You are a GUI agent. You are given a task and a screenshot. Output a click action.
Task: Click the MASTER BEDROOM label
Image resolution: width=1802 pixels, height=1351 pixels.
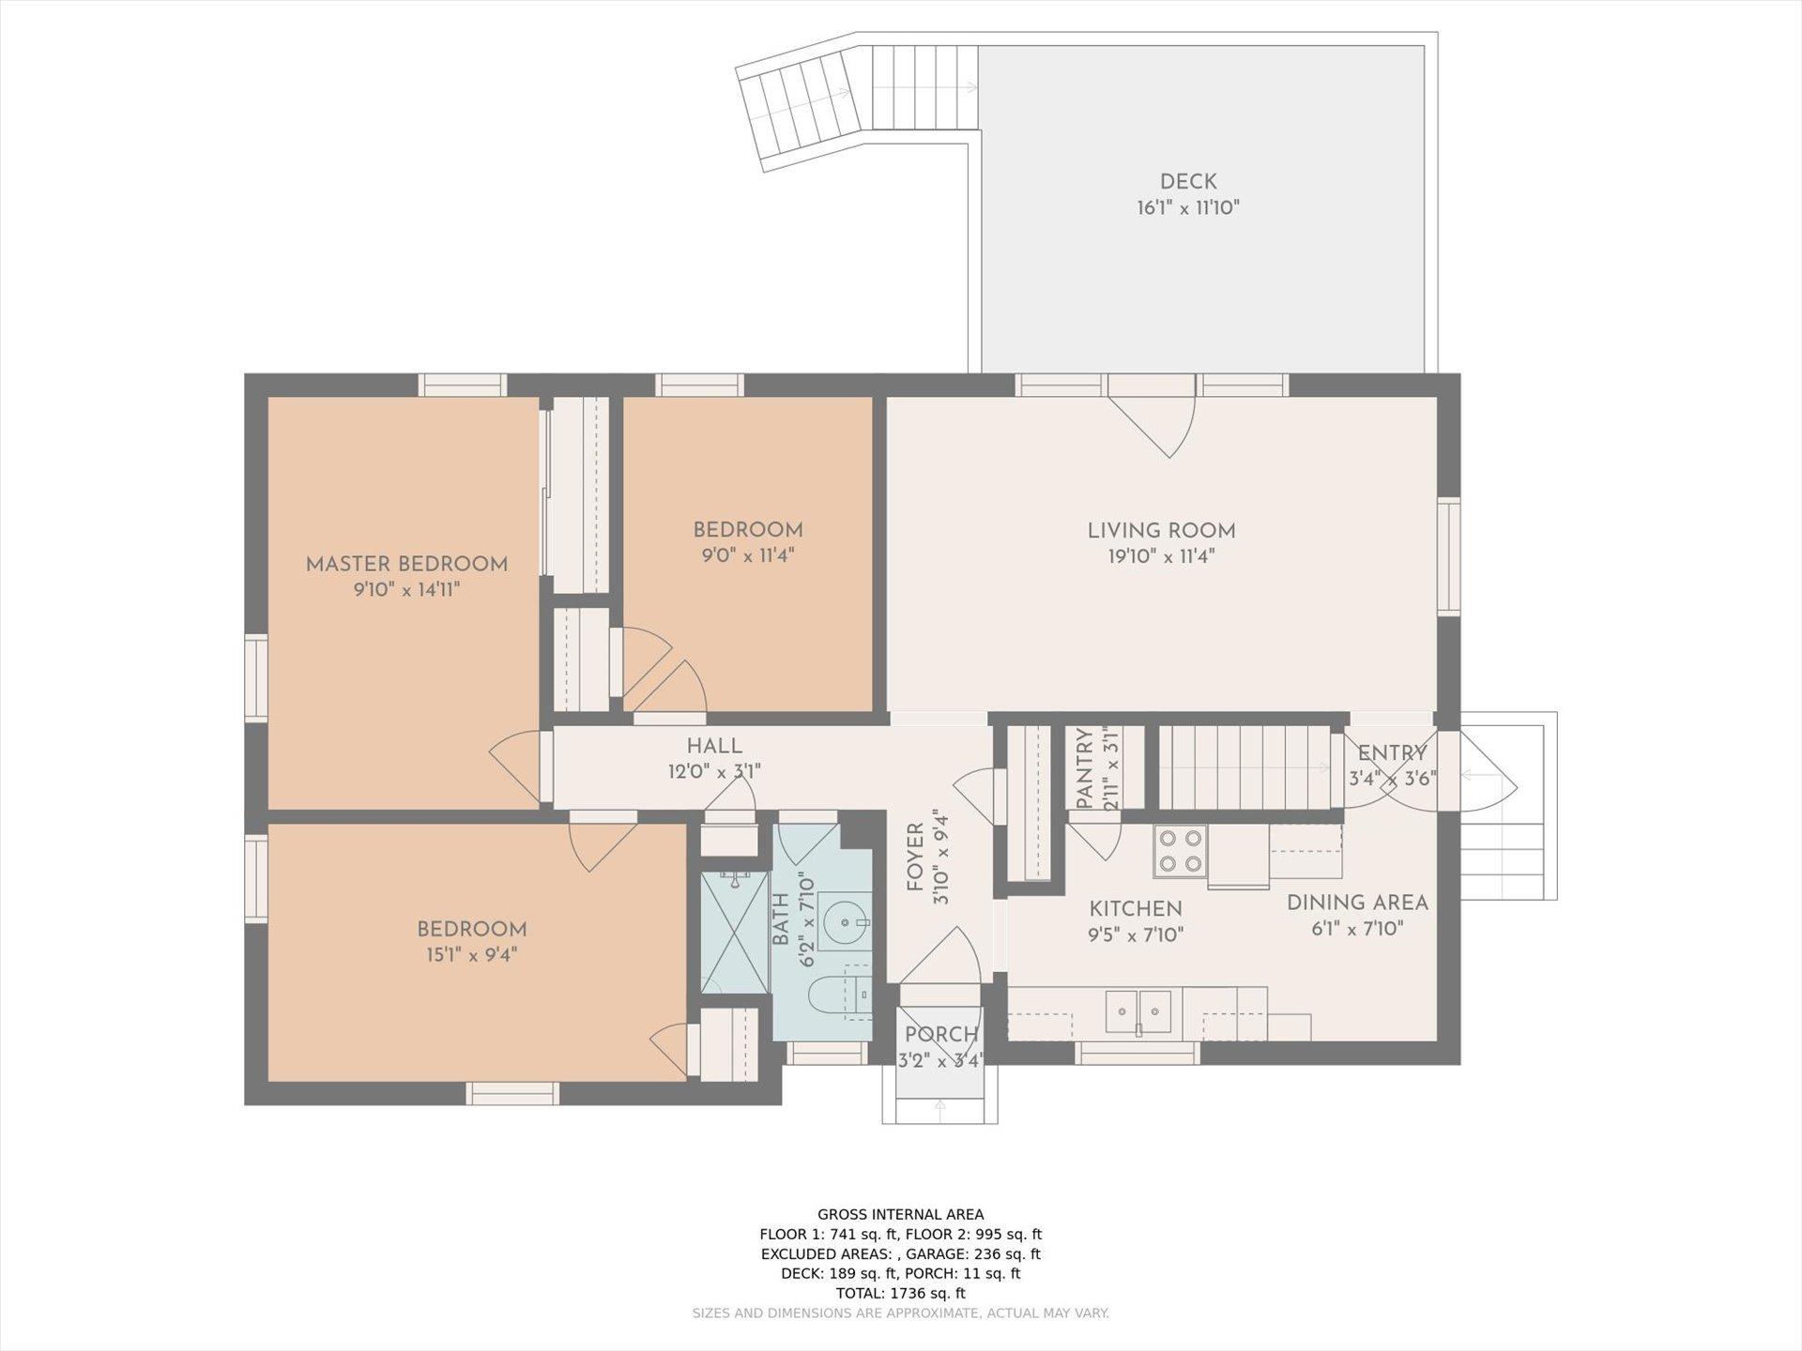point(406,564)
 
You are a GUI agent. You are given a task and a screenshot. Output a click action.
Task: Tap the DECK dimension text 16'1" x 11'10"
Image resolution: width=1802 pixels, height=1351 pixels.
point(1188,207)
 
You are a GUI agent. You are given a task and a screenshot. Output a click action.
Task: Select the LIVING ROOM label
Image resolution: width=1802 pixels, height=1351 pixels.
point(1161,530)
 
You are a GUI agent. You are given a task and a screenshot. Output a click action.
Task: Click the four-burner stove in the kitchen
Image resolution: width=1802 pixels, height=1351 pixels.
point(1180,851)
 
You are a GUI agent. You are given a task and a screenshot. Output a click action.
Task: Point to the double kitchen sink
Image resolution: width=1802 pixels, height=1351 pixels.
point(1138,1011)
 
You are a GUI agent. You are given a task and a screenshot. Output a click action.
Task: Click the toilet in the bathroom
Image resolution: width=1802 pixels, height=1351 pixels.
point(836,997)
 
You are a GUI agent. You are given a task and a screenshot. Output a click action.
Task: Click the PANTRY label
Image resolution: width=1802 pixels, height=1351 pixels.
point(1085,769)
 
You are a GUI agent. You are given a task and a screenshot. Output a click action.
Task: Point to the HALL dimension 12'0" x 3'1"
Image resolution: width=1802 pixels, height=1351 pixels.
point(714,772)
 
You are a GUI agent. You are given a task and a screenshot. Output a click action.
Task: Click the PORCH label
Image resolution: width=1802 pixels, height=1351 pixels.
point(941,1034)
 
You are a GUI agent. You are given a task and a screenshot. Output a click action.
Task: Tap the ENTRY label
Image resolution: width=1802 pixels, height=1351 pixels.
point(1393,752)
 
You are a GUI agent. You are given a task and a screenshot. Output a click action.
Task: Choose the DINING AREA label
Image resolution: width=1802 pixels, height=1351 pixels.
point(1357,903)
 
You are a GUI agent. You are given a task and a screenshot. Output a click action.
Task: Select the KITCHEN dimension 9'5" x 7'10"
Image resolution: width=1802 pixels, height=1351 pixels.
point(1136,934)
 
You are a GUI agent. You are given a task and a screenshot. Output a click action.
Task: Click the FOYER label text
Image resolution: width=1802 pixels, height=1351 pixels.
point(915,857)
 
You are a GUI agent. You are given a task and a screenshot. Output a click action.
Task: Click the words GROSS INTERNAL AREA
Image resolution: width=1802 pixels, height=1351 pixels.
point(901,1214)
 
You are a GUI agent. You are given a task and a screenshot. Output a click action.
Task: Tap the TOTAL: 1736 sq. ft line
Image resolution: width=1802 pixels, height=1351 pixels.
point(901,1293)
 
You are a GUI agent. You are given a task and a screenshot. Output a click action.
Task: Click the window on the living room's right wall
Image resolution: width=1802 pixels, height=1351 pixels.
point(1449,556)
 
